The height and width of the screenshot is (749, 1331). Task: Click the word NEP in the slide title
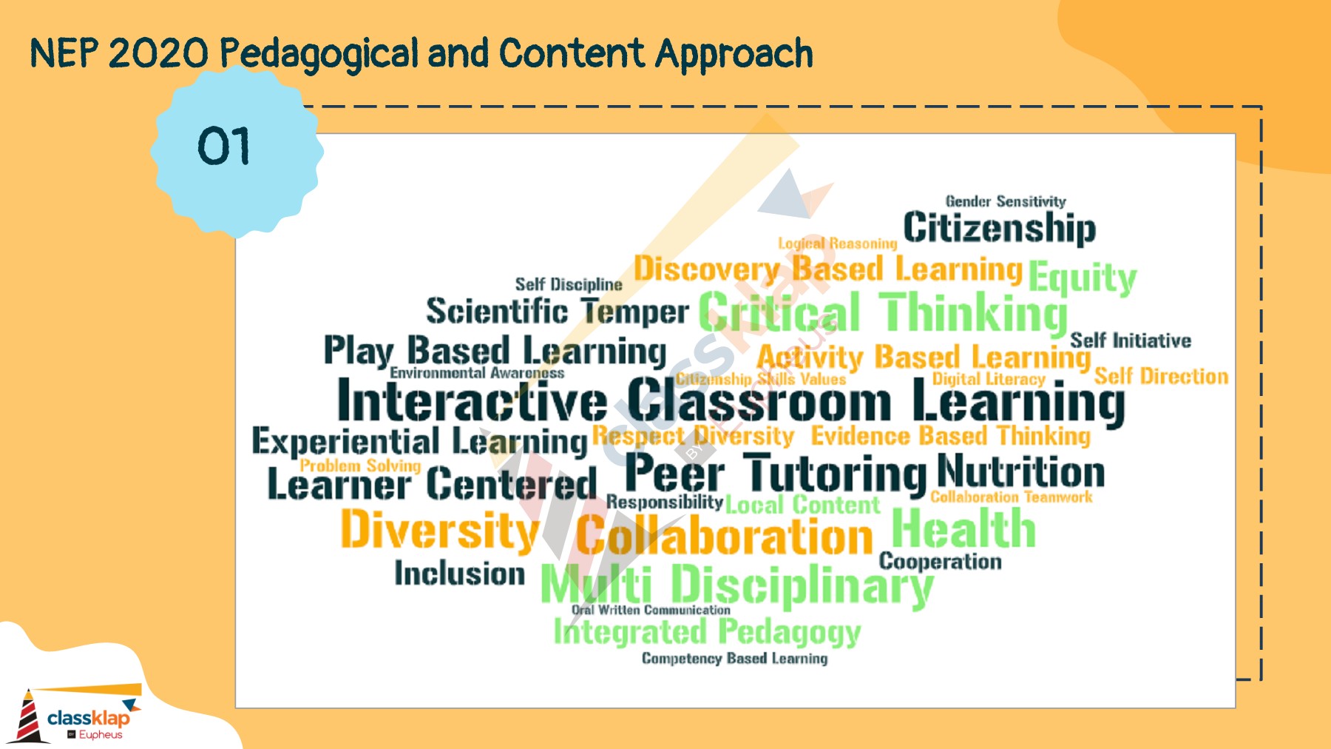(x=64, y=54)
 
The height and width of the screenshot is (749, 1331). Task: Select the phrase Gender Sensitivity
(x=1006, y=201)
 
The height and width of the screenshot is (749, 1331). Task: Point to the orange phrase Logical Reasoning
(x=837, y=243)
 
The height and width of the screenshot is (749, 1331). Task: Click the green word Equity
(x=1082, y=278)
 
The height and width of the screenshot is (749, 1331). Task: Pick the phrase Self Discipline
(x=569, y=284)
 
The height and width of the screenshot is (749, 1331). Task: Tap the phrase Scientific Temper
(x=557, y=312)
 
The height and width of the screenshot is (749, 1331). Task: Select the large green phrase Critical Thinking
(x=883, y=313)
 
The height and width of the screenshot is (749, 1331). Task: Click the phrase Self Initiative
(x=1131, y=340)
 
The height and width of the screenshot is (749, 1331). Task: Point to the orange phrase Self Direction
(x=1161, y=376)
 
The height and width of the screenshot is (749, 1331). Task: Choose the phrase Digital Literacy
(x=988, y=379)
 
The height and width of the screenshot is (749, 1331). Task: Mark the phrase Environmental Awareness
(x=477, y=373)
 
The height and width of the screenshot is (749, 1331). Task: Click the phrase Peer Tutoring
(x=775, y=474)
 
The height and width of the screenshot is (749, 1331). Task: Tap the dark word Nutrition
(x=1020, y=471)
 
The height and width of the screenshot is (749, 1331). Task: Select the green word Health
(x=963, y=529)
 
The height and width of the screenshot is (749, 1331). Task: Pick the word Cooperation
(x=940, y=562)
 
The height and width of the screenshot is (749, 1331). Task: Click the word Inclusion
(x=459, y=574)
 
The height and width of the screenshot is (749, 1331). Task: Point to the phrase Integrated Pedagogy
(x=707, y=632)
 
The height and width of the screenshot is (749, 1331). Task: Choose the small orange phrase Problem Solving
(x=360, y=466)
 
